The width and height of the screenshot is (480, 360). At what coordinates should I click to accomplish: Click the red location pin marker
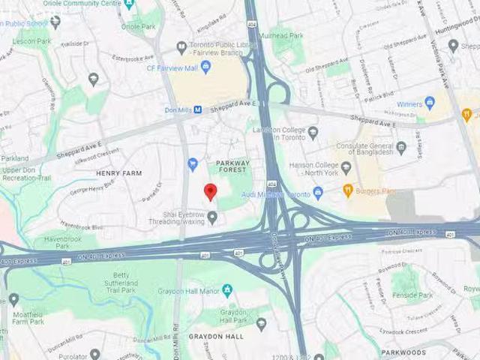211,192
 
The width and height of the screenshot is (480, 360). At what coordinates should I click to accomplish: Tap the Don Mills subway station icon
198,109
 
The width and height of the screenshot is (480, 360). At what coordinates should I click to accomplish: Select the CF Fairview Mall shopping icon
205,67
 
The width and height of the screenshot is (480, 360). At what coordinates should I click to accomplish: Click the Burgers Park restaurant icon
348,190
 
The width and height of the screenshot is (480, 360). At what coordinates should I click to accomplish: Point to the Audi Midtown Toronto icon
318,193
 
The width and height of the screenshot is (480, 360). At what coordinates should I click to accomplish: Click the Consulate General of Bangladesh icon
401,148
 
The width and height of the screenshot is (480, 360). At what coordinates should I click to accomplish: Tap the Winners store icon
430,103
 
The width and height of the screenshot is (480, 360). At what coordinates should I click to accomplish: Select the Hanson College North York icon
346,168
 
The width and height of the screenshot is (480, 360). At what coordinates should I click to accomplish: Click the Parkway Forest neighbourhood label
232,167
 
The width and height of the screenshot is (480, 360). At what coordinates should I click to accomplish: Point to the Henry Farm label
118,173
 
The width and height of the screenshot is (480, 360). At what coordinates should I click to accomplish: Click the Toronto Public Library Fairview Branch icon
181,48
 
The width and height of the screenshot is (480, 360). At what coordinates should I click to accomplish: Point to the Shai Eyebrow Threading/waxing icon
212,217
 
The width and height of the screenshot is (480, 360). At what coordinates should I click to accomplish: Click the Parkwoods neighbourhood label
403,352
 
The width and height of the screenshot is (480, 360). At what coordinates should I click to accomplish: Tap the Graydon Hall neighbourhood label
216,337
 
